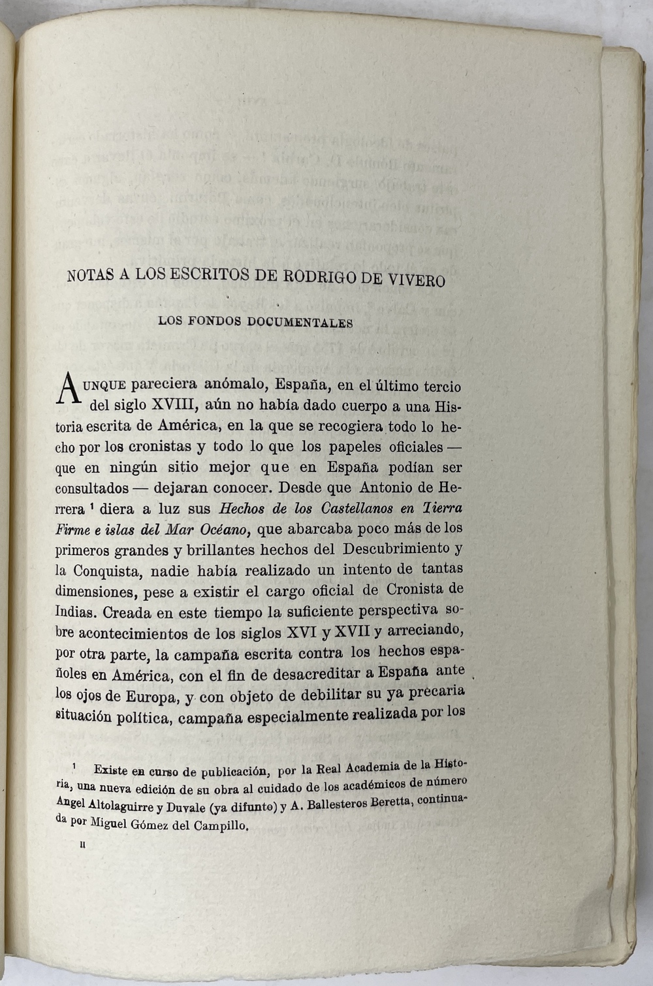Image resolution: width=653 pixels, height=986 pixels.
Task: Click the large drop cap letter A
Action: [x=69, y=390]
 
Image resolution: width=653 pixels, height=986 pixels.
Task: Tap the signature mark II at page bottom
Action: [x=82, y=845]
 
